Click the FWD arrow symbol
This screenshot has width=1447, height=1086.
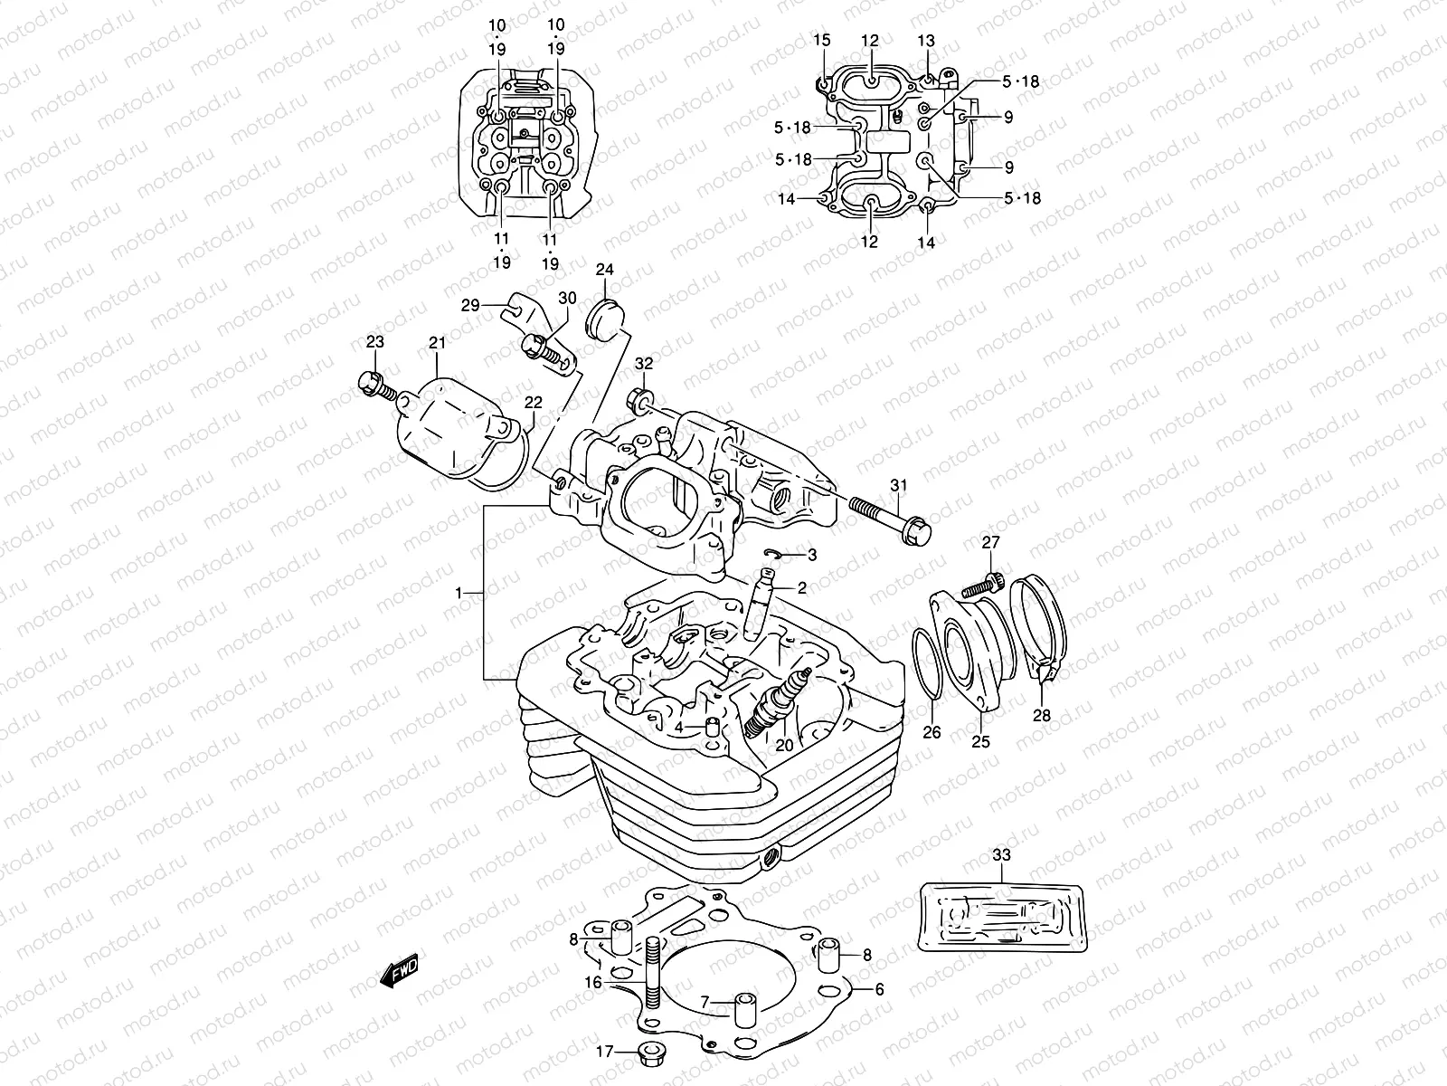(399, 972)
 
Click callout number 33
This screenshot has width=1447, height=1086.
(1001, 854)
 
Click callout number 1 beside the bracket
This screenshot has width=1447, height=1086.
(459, 593)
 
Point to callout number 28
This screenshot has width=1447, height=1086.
(1044, 716)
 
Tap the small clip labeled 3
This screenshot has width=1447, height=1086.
(771, 554)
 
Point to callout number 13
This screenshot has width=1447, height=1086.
(926, 41)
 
